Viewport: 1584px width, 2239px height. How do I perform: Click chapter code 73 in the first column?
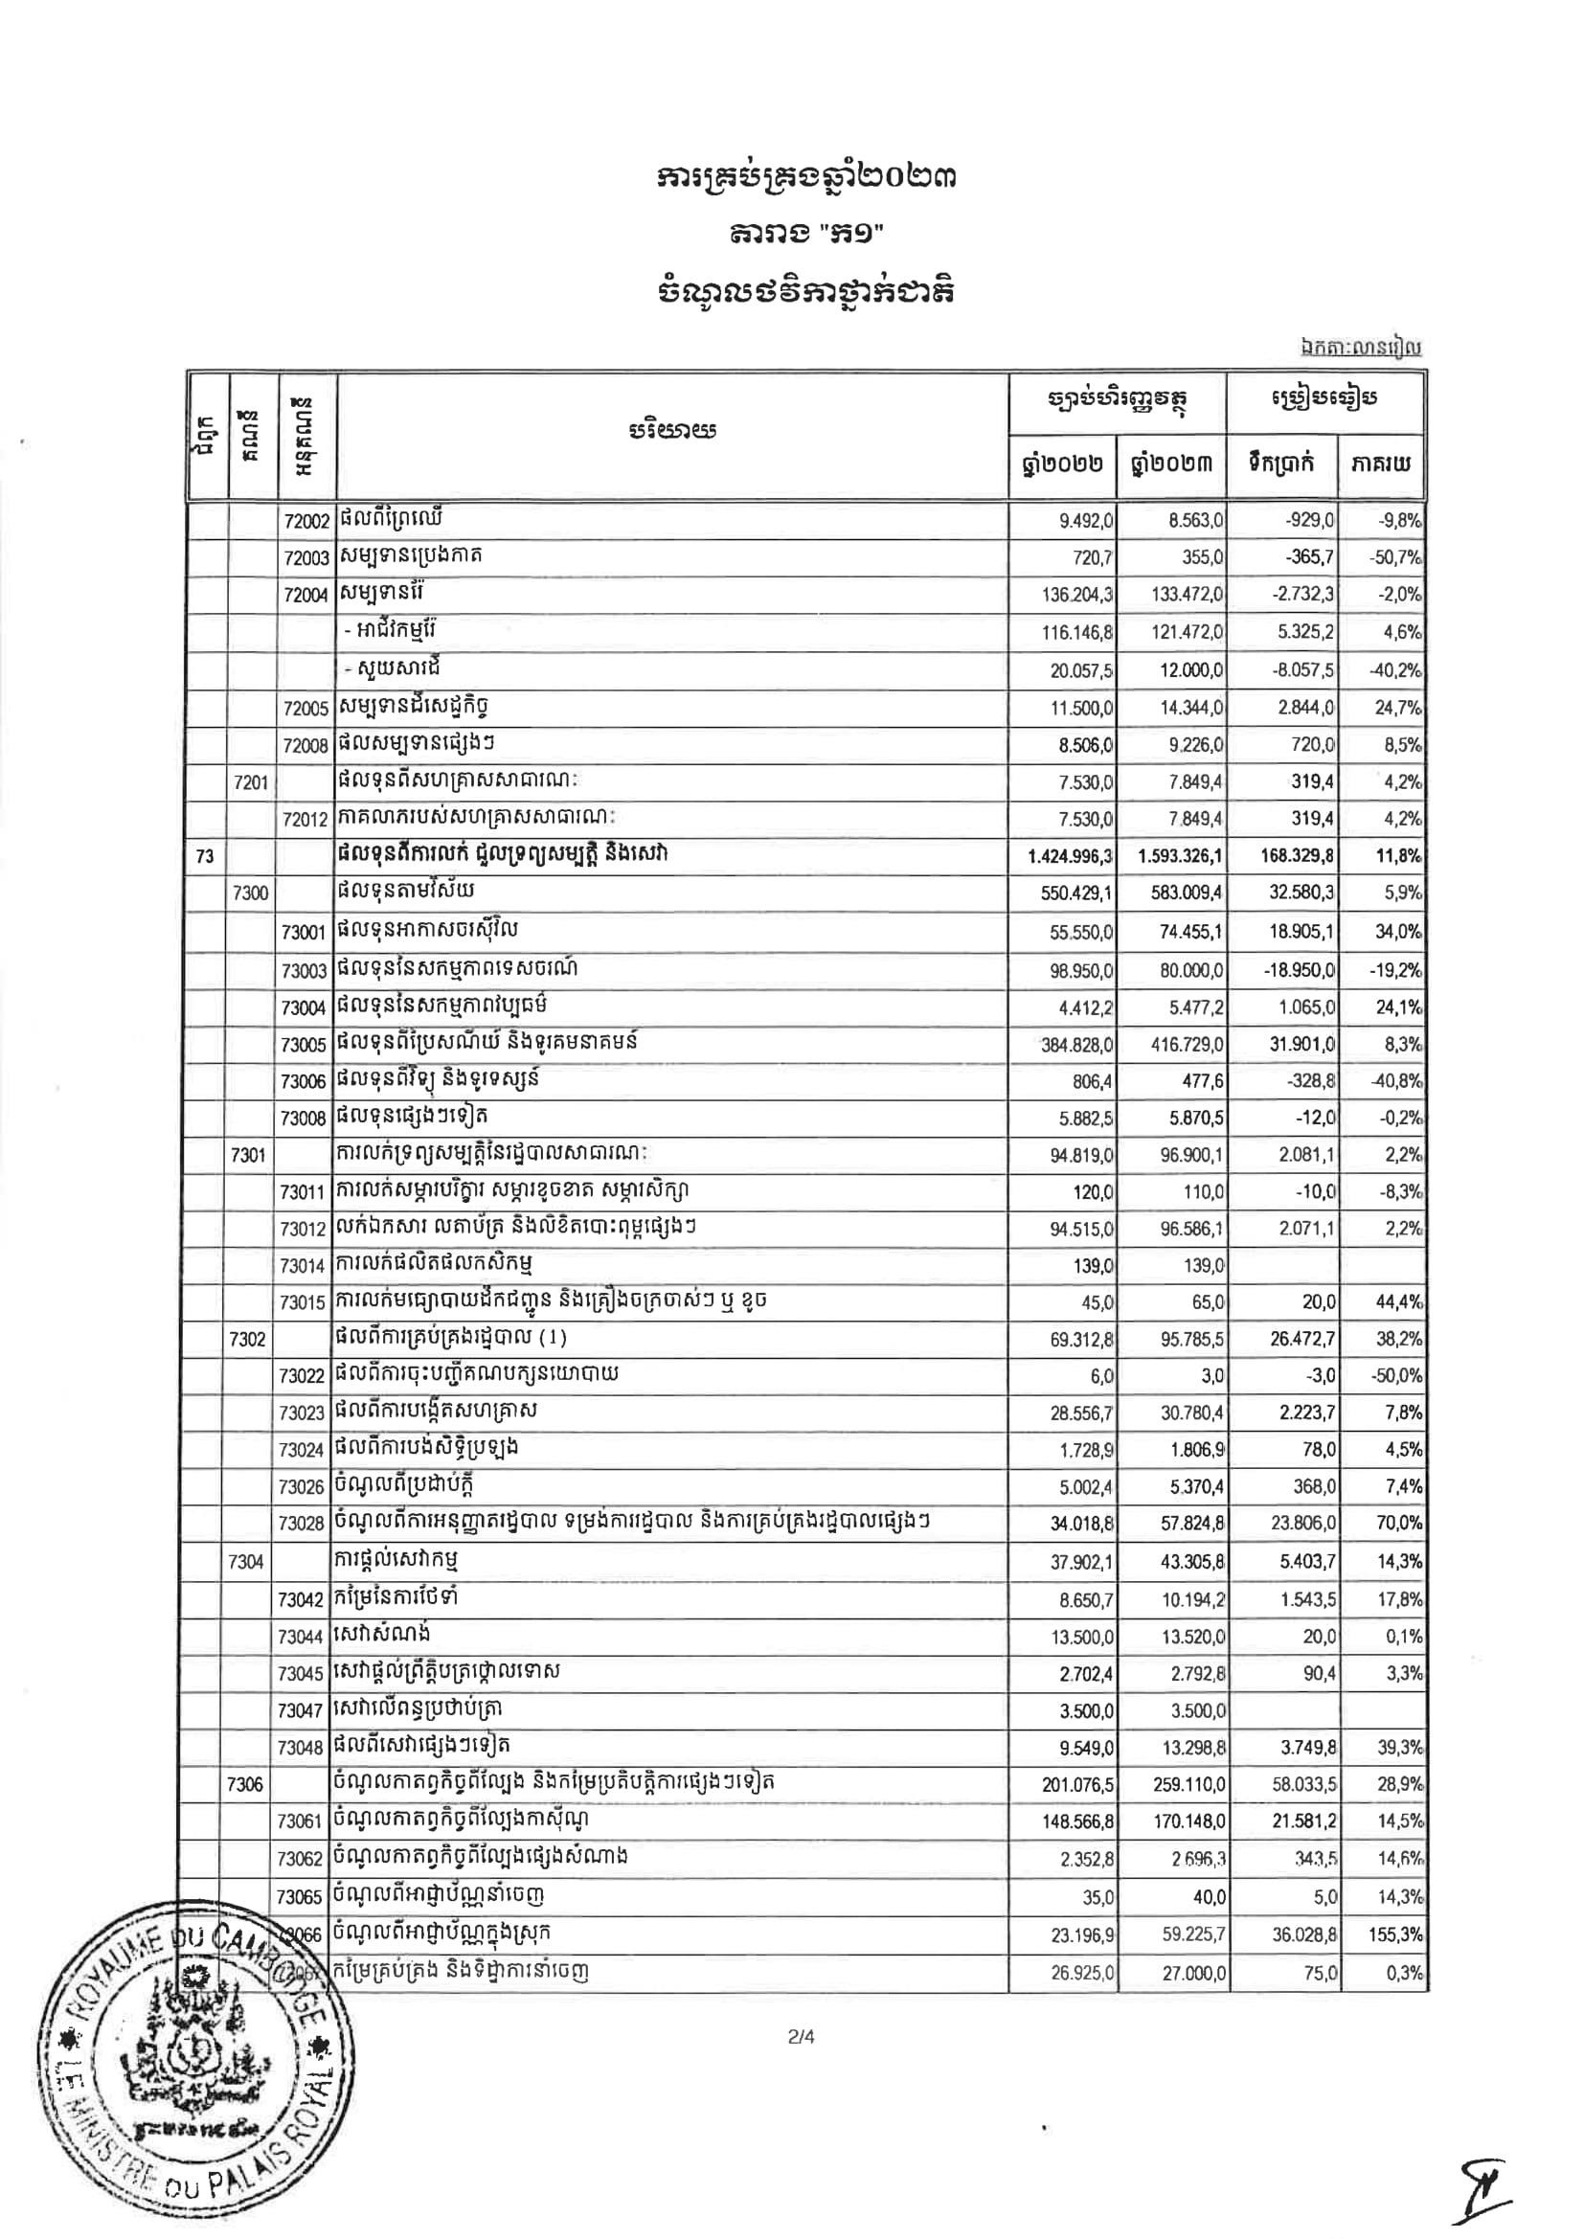205,855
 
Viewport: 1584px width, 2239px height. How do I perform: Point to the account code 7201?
251,782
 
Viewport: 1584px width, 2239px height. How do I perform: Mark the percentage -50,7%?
1395,557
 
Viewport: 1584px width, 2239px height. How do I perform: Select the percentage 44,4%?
1397,1302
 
